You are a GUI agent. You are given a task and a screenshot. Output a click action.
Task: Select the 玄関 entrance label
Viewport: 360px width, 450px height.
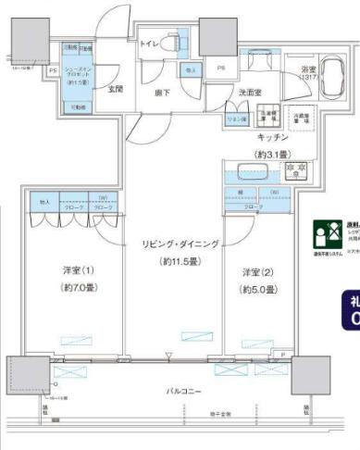tap(116, 90)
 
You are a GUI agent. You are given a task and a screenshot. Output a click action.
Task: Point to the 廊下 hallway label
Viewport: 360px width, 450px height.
tap(161, 93)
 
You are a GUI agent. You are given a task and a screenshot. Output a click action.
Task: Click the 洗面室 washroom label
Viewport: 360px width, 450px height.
tap(249, 93)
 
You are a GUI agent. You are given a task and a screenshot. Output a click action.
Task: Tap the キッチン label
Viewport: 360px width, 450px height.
tap(275, 135)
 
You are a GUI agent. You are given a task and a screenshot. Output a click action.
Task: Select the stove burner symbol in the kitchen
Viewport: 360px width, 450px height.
tap(296, 171)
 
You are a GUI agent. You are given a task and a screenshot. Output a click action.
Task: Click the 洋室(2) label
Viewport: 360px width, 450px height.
tap(256, 272)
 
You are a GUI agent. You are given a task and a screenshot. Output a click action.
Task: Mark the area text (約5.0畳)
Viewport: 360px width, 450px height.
tap(256, 290)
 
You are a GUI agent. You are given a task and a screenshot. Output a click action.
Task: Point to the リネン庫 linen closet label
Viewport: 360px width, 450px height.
tap(236, 119)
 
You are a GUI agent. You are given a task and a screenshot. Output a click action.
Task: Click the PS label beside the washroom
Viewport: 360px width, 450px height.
tap(221, 68)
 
